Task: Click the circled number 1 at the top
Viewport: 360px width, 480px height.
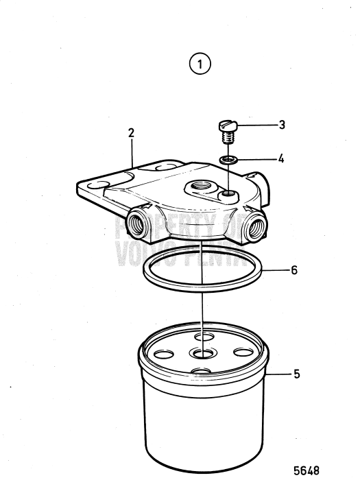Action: coord(200,65)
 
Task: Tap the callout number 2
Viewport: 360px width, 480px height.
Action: coord(131,134)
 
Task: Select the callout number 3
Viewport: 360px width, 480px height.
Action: coord(282,125)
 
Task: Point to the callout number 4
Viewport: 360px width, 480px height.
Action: coord(281,158)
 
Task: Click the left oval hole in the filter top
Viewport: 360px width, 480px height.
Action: coord(165,355)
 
